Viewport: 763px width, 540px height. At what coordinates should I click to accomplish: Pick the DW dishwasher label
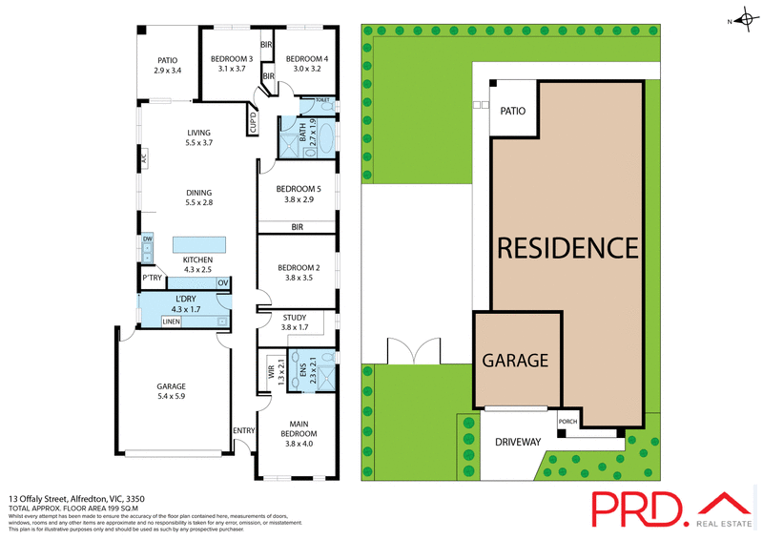click(148, 239)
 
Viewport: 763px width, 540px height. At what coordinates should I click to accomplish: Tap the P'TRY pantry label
click(152, 279)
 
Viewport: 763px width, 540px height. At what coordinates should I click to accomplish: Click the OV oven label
click(222, 282)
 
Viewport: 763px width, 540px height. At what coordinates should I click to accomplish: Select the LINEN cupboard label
click(171, 322)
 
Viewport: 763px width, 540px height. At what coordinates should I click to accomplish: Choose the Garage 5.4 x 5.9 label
click(172, 392)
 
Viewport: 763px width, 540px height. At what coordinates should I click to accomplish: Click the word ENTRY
click(243, 430)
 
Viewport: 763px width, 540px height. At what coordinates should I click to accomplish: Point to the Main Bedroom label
click(299, 432)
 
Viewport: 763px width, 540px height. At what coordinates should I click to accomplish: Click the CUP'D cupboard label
click(255, 123)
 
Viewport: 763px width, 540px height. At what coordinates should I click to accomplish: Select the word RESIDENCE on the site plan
click(567, 248)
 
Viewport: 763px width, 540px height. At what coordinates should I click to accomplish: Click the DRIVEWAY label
click(518, 443)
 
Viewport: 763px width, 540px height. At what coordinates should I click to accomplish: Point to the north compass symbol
click(742, 20)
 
